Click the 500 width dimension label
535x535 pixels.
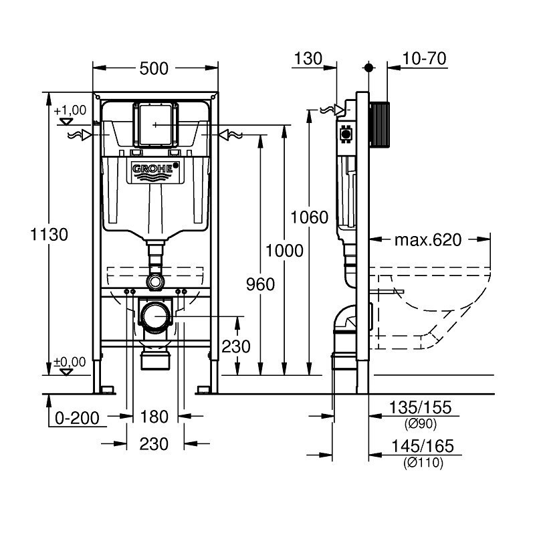click(154, 68)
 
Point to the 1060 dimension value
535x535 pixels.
click(309, 217)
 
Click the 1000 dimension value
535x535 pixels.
click(284, 251)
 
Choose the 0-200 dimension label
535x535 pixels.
click(77, 418)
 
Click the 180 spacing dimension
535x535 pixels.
click(154, 417)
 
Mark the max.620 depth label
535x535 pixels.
click(428, 239)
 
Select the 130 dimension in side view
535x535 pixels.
click(307, 59)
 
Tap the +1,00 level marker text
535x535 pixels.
click(70, 110)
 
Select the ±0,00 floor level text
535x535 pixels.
click(70, 362)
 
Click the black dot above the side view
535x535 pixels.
click(368, 68)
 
